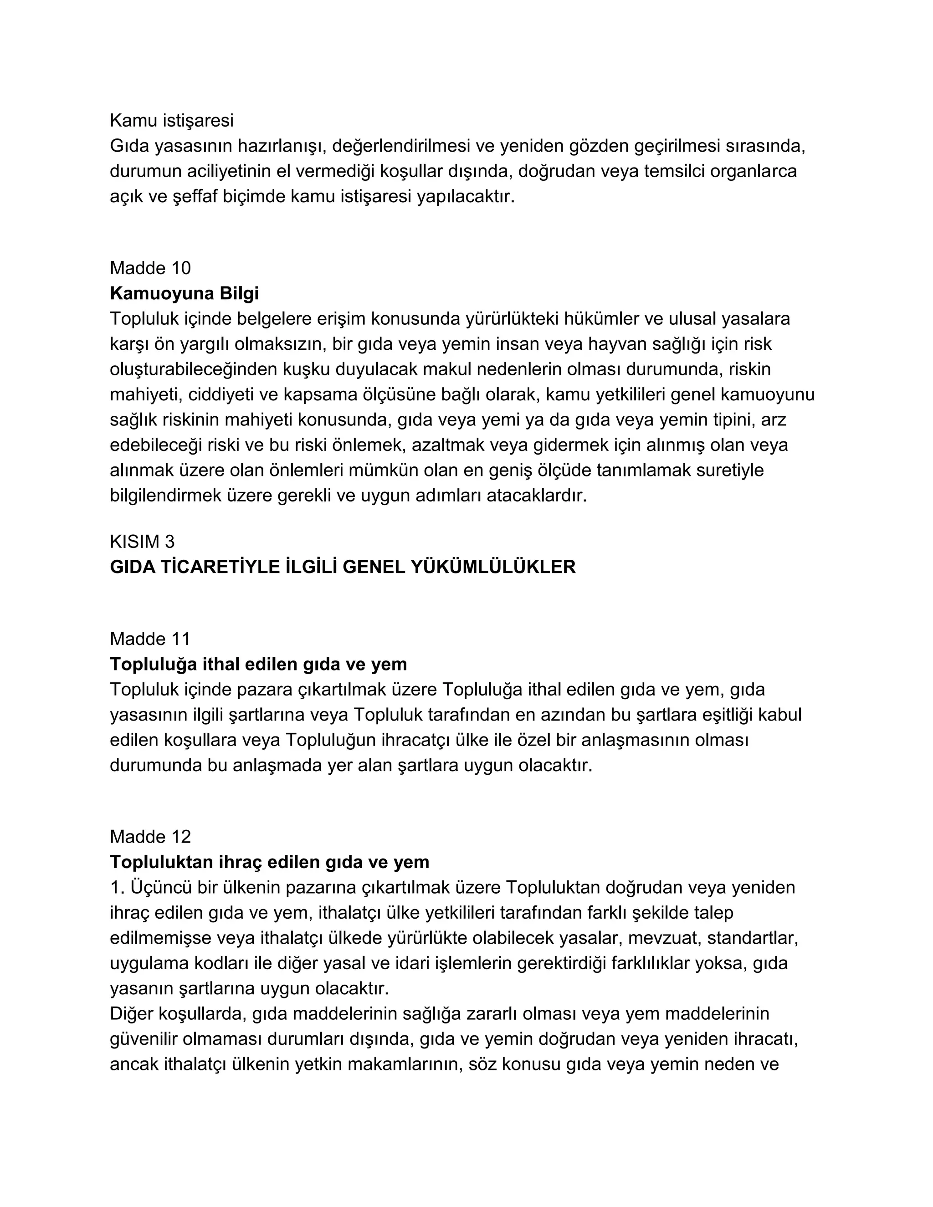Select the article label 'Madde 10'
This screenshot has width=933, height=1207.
[x=150, y=268]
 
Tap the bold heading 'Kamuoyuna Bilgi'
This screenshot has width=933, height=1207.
[x=184, y=293]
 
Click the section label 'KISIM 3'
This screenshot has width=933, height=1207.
[x=142, y=541]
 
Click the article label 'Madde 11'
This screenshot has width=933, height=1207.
[x=150, y=639]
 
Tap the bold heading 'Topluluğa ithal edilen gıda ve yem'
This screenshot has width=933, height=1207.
[x=258, y=664]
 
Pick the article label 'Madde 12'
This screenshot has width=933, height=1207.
[x=150, y=837]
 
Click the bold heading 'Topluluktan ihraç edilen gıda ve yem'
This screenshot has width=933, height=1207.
[x=269, y=862]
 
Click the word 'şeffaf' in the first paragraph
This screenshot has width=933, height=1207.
[x=195, y=197]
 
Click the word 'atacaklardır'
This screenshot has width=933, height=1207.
[x=536, y=496]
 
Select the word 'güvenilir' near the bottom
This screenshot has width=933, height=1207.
[x=143, y=1039]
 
